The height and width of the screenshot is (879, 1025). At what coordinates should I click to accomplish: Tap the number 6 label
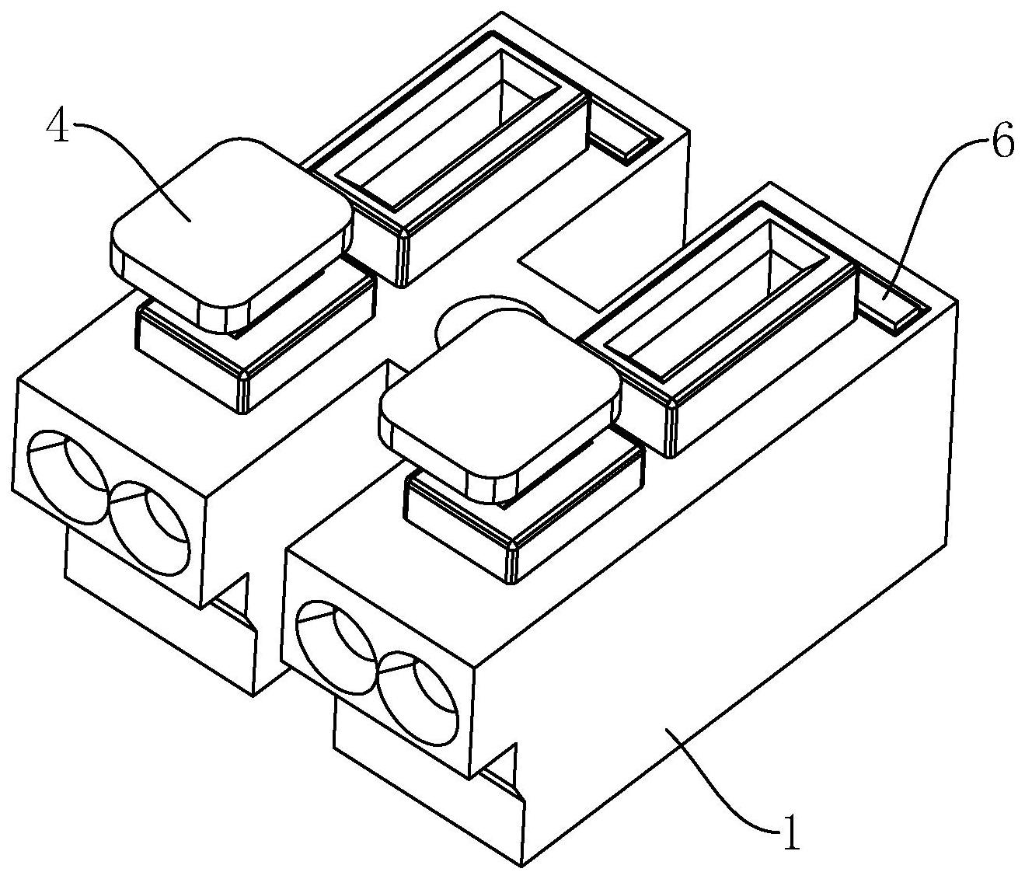(1002, 144)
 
